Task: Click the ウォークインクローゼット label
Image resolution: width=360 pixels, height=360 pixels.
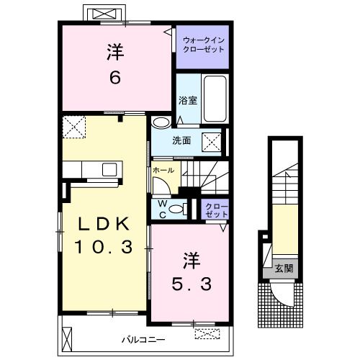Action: point(204,45)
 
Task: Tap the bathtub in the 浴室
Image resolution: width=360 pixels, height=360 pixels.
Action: point(215,99)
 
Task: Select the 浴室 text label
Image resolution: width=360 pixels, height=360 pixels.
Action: point(188,100)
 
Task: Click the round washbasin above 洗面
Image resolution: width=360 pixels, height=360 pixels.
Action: point(161,122)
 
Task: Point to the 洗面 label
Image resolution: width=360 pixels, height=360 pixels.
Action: point(181,140)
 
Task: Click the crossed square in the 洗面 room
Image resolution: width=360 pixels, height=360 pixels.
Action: point(212,142)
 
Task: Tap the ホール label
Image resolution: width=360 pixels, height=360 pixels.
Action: point(163,170)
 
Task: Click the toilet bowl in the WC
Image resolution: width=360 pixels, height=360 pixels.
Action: point(176,209)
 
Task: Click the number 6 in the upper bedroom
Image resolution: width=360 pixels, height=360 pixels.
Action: point(115,78)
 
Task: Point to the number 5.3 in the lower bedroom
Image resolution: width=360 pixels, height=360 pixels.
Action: point(192,284)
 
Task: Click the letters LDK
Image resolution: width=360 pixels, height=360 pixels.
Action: point(104,224)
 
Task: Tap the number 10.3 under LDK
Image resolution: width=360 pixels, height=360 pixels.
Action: point(104,247)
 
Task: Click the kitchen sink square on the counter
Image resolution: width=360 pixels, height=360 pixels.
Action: point(109,169)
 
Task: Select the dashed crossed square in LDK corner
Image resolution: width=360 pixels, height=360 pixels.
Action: point(74,127)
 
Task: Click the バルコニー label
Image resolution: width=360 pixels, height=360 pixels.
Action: point(143,340)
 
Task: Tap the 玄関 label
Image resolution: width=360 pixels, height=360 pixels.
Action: point(284,268)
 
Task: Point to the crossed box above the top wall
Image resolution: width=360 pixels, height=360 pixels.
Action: point(104,14)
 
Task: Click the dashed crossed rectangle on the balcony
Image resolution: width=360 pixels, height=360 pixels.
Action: point(207,333)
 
